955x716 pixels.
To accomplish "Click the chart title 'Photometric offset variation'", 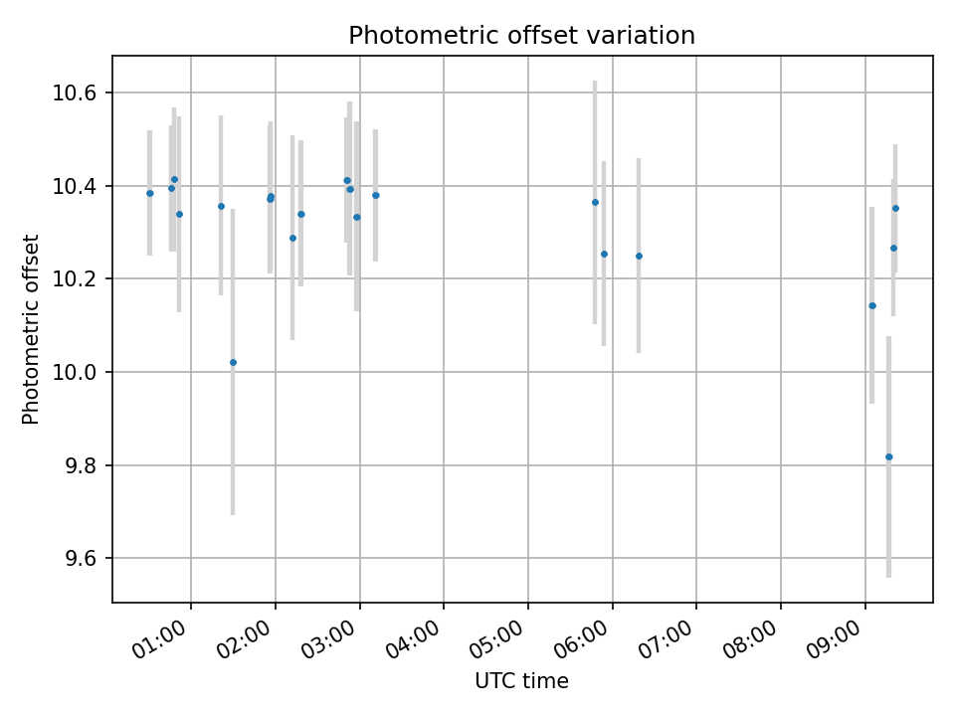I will coord(521,36).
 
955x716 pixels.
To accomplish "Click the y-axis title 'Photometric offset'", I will coord(31,329).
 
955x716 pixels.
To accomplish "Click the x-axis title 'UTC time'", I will coord(521,681).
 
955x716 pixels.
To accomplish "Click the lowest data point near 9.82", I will coord(888,456).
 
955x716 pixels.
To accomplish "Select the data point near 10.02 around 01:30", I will coord(233,362).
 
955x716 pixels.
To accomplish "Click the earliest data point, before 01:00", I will coord(150,193).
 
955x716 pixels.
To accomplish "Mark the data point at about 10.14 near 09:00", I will coord(872,305).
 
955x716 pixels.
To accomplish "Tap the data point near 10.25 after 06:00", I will coord(639,256).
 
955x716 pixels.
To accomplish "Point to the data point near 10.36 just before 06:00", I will coord(595,202).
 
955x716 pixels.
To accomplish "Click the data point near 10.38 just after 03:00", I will coord(375,195).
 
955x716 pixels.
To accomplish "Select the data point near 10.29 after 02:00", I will coord(292,238).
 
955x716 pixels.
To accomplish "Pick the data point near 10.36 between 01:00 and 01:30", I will coord(221,206).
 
